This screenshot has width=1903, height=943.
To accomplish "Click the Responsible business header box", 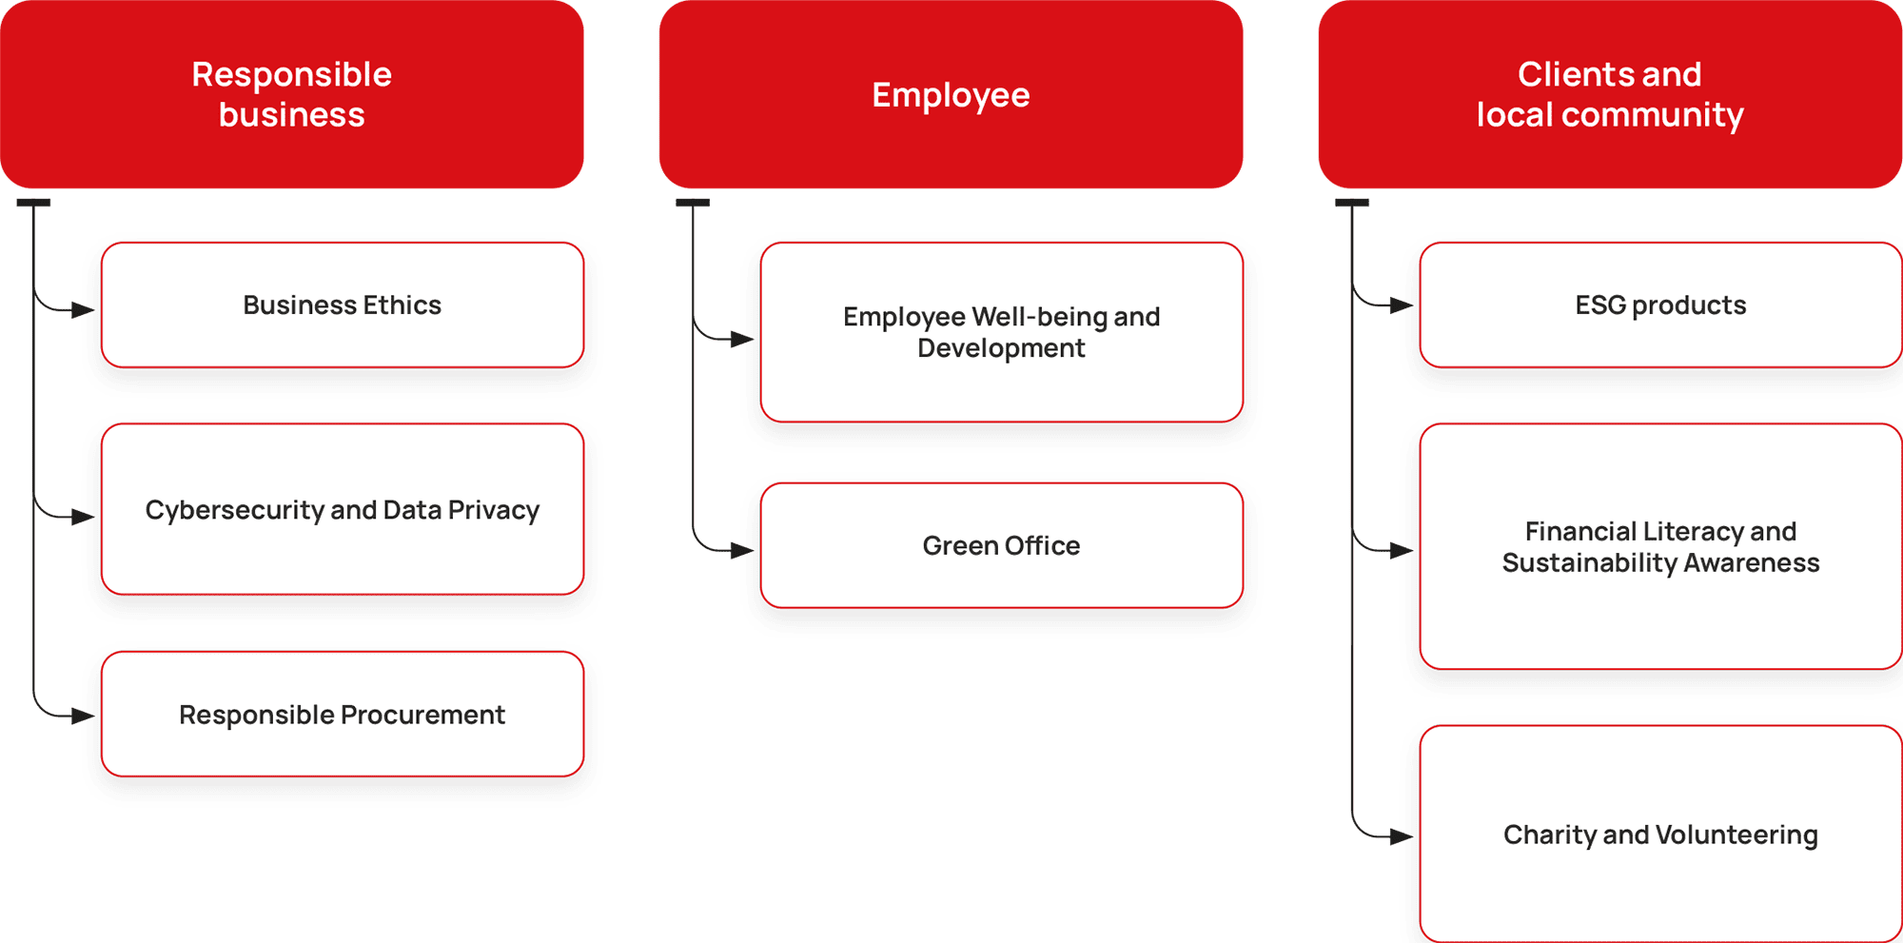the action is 292,94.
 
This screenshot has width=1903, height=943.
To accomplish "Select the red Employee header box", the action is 951,94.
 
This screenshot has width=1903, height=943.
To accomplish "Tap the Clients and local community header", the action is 1610,94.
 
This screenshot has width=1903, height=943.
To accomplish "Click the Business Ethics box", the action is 343,305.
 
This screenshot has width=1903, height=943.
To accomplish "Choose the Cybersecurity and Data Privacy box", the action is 343,509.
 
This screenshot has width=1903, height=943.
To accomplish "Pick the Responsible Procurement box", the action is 343,714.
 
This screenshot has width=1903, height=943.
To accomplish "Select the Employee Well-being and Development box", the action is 1002,332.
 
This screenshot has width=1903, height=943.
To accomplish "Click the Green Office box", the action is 1002,545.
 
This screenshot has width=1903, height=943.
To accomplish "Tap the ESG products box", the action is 1660,305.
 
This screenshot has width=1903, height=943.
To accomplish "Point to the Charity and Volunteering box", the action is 1660,835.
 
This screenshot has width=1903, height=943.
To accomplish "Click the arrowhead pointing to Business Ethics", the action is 84,310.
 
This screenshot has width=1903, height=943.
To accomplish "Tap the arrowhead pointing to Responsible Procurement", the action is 84,716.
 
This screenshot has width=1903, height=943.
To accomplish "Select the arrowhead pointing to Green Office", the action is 742,550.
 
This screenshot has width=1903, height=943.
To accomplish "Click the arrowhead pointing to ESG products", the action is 1402,305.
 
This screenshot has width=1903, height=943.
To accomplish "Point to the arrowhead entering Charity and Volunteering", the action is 1402,836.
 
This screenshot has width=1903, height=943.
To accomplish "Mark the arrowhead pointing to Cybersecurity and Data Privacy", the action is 84,517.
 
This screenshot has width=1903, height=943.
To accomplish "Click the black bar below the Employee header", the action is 693,203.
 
